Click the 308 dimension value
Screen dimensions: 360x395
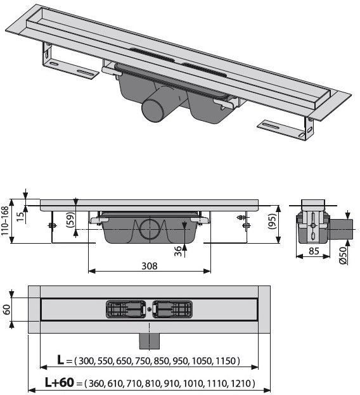click(150, 266)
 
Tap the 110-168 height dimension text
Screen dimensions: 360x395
click(5, 221)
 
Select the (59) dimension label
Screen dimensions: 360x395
click(70, 220)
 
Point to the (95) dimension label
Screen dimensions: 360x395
click(273, 221)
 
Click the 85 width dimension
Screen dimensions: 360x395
click(314, 251)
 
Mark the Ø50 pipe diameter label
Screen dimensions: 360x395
click(343, 255)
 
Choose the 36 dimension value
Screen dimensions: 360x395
click(178, 251)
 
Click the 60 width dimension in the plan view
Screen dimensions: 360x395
click(7, 310)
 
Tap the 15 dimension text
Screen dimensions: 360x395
click(21, 216)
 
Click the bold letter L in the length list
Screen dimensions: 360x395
click(61, 360)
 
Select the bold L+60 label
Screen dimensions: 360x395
click(60, 382)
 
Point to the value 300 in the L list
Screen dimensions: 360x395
click(87, 361)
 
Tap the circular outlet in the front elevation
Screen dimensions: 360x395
click(150, 230)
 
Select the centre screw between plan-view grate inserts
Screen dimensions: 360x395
click(150, 310)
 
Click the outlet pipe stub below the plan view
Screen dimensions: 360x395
click(150, 341)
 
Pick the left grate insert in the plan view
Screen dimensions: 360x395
click(126, 310)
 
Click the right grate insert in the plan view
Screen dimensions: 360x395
click(172, 310)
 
